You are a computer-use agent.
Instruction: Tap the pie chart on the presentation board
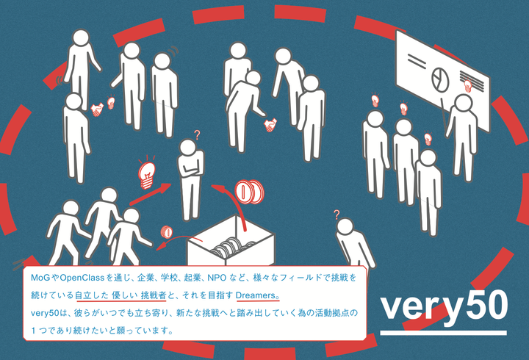(x=441, y=79)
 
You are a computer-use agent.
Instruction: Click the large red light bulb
(x=147, y=173)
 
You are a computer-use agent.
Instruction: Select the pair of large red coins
(x=249, y=191)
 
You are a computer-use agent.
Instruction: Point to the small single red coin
(x=166, y=232)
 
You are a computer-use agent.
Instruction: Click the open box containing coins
(x=231, y=241)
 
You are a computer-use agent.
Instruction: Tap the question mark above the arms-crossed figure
(x=198, y=135)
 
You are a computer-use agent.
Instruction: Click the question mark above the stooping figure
(x=337, y=215)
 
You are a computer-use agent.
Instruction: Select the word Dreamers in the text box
(x=256, y=295)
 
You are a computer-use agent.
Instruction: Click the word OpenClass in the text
(x=82, y=278)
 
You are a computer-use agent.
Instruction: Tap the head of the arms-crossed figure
(x=188, y=148)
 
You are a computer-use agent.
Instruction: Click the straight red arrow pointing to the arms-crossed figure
(x=151, y=194)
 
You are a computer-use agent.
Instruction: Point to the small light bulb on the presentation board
(x=467, y=85)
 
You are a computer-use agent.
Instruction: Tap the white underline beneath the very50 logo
(x=443, y=333)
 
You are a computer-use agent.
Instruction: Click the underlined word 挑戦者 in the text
(x=154, y=295)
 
